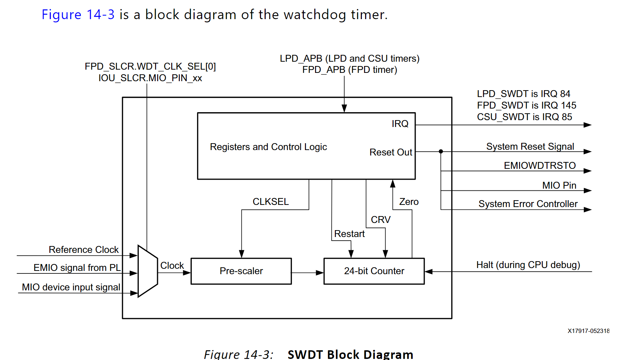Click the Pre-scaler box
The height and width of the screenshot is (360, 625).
click(241, 271)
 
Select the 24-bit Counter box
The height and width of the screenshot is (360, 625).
click(374, 271)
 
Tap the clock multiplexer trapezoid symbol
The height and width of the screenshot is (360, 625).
click(148, 271)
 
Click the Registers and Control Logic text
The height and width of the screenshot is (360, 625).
click(268, 147)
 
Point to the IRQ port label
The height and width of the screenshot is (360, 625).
click(400, 124)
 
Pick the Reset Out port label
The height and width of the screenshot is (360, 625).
click(390, 152)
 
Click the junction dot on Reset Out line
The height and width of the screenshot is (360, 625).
click(440, 152)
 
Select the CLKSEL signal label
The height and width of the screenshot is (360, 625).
click(270, 202)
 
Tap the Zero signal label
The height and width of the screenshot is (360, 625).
click(409, 202)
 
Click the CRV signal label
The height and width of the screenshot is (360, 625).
click(380, 220)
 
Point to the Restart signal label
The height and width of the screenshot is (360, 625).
click(349, 234)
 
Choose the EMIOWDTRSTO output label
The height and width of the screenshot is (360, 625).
click(540, 166)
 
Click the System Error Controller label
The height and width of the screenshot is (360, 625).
click(528, 204)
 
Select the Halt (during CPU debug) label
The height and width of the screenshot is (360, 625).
click(528, 265)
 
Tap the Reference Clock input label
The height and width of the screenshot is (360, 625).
click(84, 250)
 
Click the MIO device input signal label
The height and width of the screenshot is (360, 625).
click(71, 287)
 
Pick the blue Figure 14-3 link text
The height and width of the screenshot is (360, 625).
click(78, 14)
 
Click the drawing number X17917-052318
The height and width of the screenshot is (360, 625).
click(588, 331)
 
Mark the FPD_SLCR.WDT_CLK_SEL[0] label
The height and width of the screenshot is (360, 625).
click(150, 66)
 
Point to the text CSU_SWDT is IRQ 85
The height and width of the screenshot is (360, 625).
click(524, 117)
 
